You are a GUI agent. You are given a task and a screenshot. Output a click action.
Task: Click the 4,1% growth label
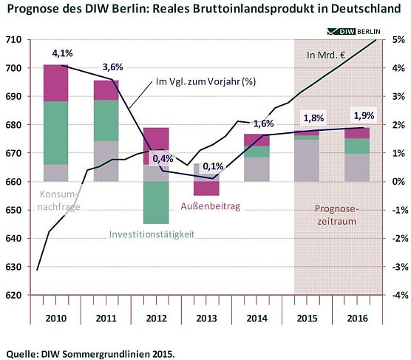click(x=63, y=54)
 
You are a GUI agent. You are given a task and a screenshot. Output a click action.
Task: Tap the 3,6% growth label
click(x=112, y=67)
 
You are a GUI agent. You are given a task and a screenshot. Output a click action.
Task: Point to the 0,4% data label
click(x=163, y=158)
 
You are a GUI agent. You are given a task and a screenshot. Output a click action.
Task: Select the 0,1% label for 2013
click(x=214, y=166)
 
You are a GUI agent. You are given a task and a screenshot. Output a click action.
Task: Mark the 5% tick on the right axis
click(x=396, y=39)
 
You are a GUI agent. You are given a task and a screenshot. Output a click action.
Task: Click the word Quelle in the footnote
click(x=22, y=353)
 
